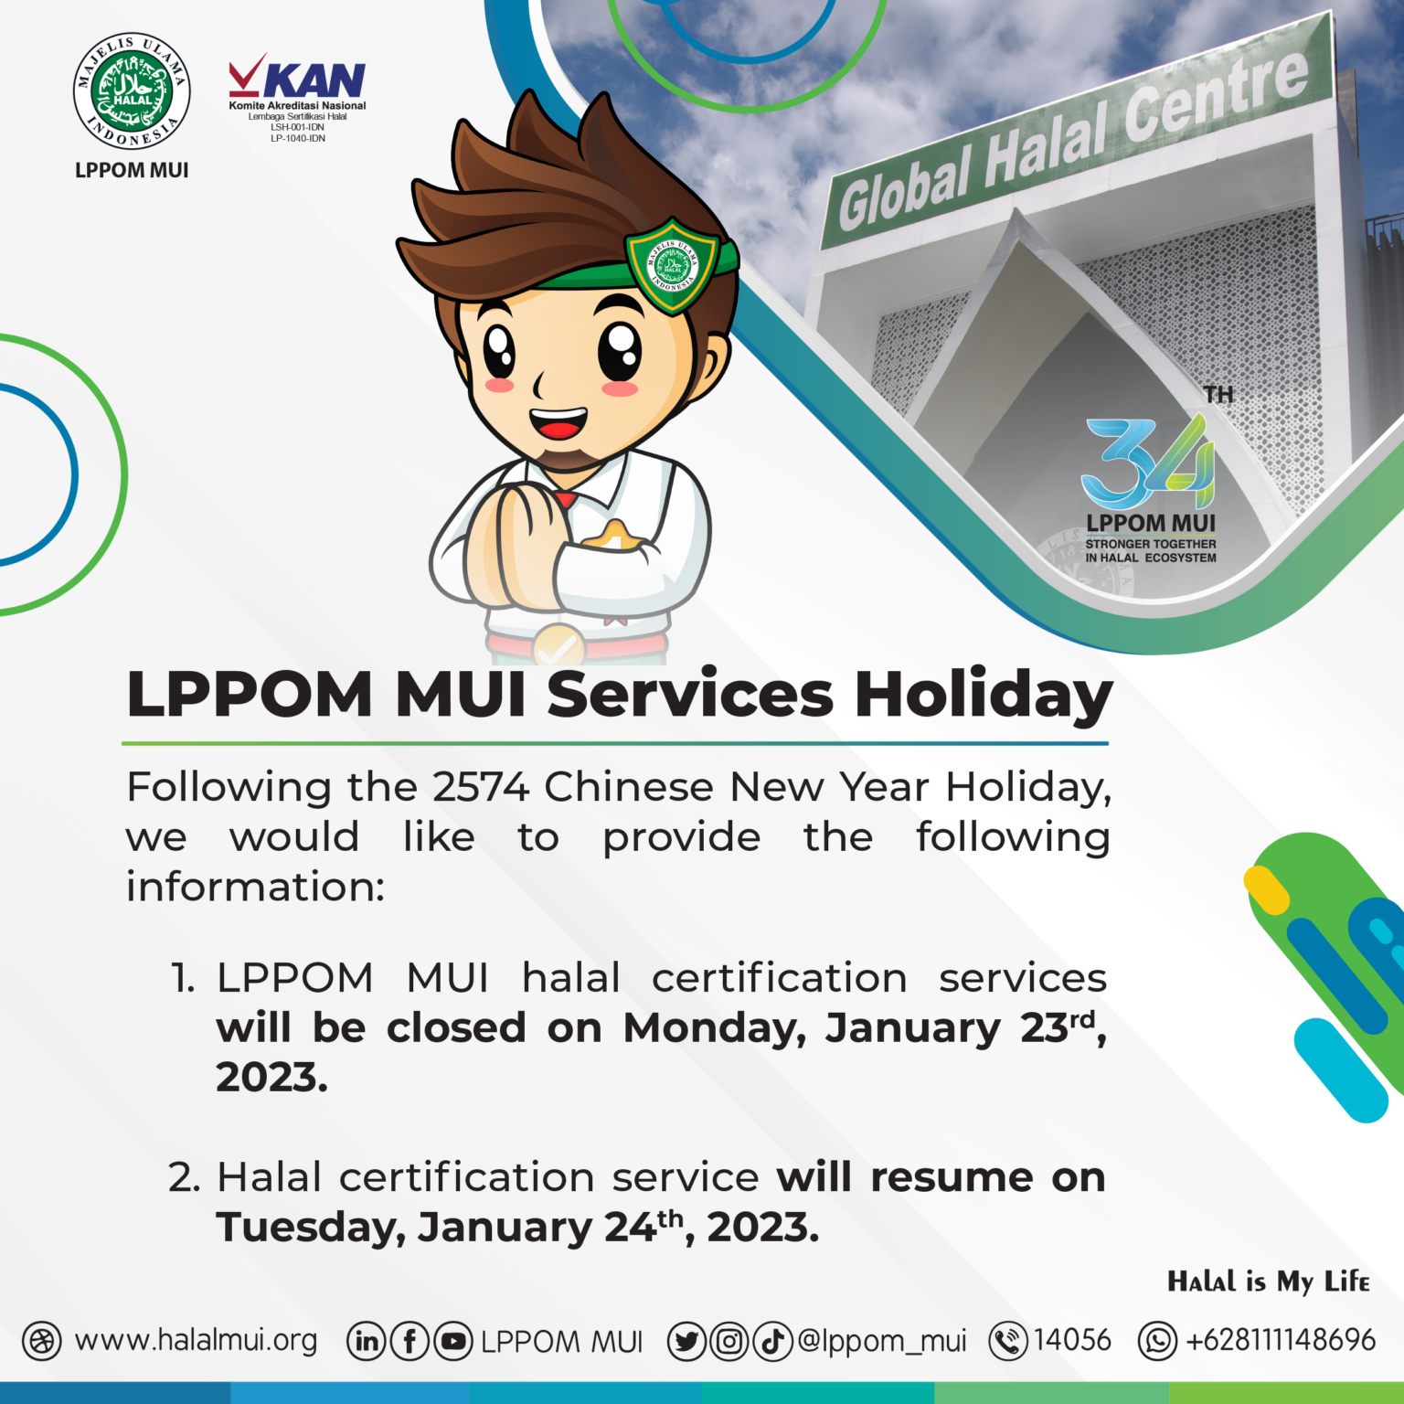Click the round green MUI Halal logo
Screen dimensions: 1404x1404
tap(132, 91)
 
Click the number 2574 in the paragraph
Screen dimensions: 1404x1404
tap(481, 787)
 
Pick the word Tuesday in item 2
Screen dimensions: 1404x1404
tap(311, 1228)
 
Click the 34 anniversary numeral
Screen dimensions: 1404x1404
tap(1147, 462)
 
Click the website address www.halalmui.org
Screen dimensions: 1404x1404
tap(196, 1341)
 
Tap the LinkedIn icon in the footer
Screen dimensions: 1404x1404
tap(366, 1342)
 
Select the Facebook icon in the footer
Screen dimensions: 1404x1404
tap(409, 1342)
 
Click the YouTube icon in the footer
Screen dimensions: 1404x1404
tap(453, 1342)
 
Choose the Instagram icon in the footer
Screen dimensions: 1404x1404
tap(729, 1342)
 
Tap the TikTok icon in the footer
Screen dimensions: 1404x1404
tap(772, 1342)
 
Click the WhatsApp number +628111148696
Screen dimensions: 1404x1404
tap(1280, 1341)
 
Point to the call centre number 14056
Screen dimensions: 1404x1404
tap(1072, 1341)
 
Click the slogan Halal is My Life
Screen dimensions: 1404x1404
tap(1269, 1282)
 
